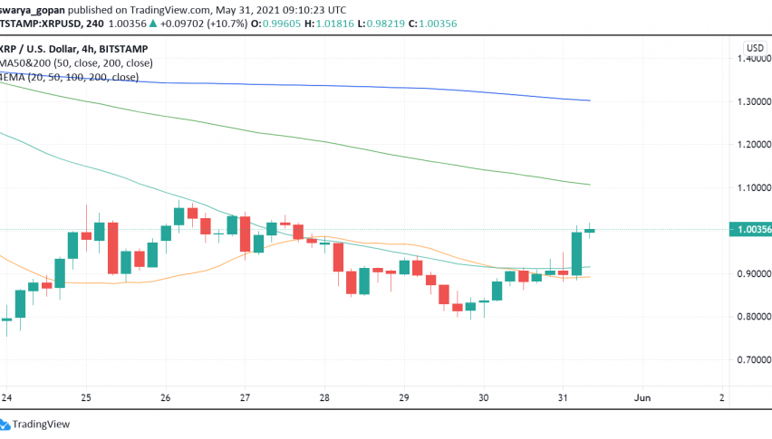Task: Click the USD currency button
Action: pyautogui.click(x=754, y=47)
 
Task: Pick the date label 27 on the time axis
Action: pyautogui.click(x=245, y=397)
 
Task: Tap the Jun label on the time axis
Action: pyautogui.click(x=642, y=397)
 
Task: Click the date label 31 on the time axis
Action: pyautogui.click(x=563, y=397)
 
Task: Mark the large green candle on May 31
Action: pyautogui.click(x=576, y=253)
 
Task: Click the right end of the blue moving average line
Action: pyautogui.click(x=589, y=100)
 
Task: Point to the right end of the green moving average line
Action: pyautogui.click(x=589, y=185)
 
